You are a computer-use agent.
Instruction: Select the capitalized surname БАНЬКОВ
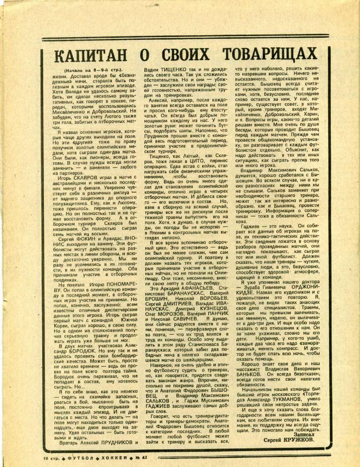(x=250, y=374)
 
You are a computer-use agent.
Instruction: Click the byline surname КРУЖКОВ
(x=300, y=440)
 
